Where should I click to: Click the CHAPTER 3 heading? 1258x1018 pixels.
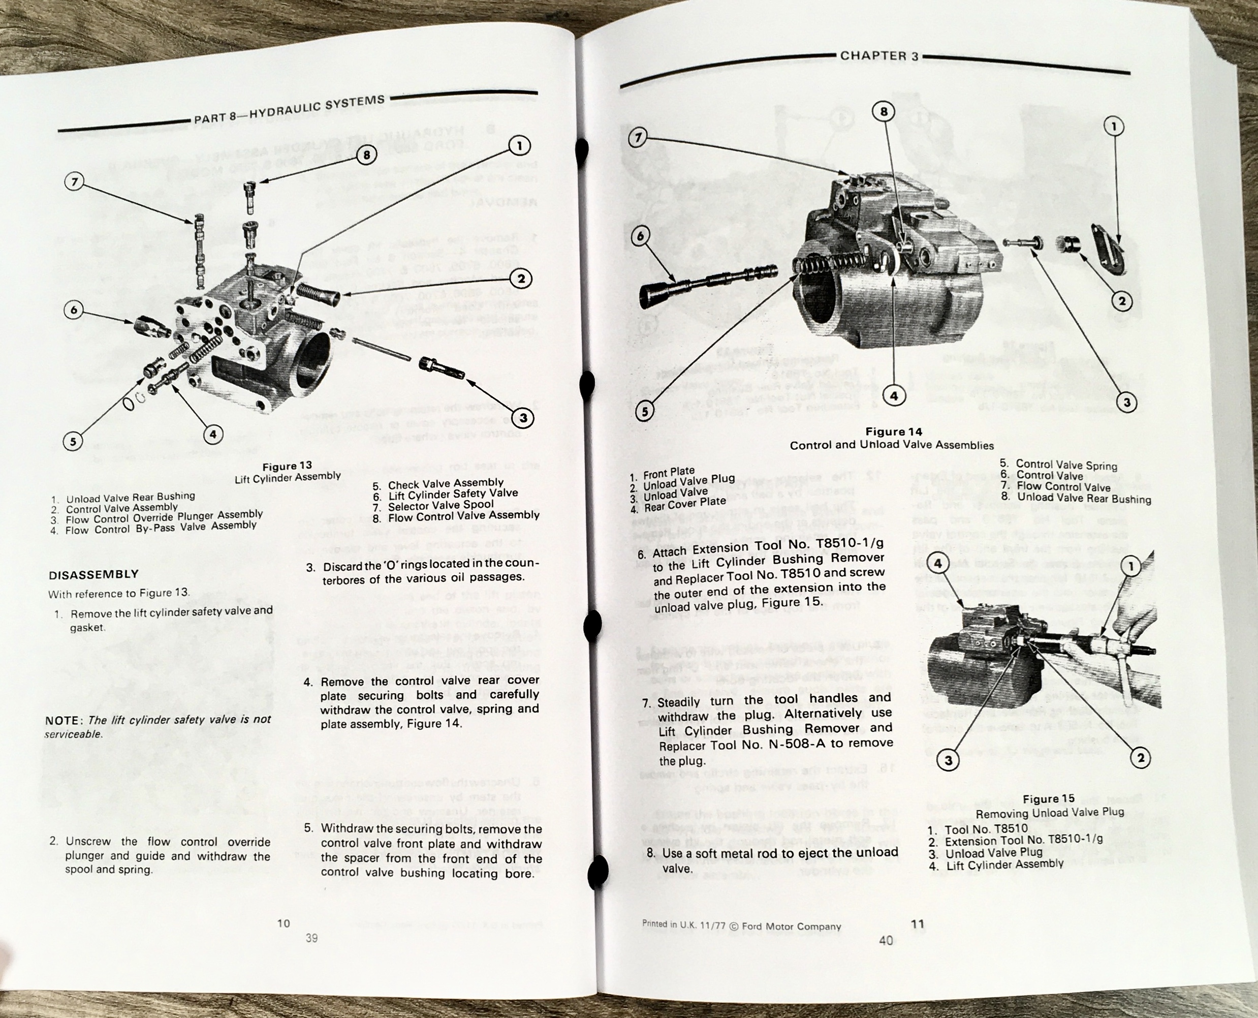coord(879,56)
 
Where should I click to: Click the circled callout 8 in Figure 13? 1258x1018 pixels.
coord(366,156)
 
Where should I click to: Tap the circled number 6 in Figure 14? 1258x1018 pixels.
coord(640,236)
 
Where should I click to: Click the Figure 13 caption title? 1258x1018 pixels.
coord(287,466)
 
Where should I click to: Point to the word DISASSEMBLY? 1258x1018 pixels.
coord(94,575)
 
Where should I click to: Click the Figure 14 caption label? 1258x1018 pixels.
coord(893,431)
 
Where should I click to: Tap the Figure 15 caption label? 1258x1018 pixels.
coord(1049,798)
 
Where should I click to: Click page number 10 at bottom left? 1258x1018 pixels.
coord(284,923)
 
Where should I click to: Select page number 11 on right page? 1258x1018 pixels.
coord(918,924)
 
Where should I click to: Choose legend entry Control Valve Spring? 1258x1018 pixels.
coord(1066,465)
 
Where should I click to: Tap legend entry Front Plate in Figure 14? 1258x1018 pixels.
coord(668,472)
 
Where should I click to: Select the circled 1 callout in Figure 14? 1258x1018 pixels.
coord(1113,126)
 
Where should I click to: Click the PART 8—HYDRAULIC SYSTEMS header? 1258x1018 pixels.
coord(289,109)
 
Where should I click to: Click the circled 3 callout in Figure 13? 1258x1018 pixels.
coord(523,418)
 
